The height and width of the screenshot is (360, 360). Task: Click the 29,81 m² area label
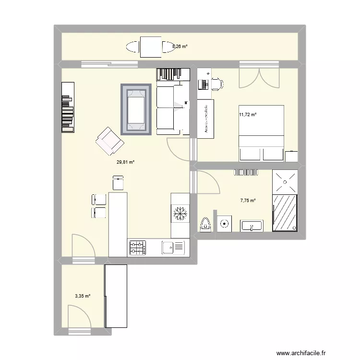(125, 162)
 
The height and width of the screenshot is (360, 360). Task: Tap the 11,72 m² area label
(248, 115)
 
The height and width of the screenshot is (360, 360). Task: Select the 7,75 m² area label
(248, 201)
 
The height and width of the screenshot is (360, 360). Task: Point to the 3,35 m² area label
(83, 296)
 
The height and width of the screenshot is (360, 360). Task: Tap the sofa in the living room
(171, 108)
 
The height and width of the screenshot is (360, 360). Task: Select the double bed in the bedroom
(262, 132)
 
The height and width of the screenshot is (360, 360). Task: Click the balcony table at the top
(151, 47)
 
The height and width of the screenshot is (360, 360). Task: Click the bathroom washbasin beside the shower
(251, 225)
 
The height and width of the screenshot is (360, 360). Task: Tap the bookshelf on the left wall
(68, 107)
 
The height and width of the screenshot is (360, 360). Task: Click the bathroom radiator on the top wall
(246, 173)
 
